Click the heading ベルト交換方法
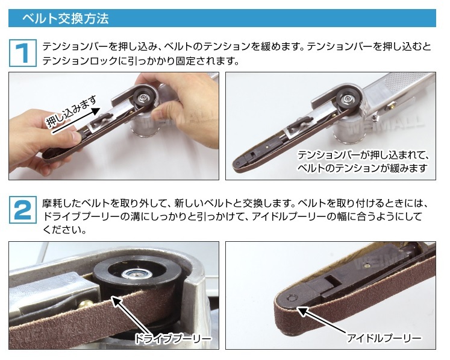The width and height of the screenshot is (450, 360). (66, 19)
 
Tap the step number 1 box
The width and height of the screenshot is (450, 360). (23, 53)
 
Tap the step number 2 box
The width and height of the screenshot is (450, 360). (23, 210)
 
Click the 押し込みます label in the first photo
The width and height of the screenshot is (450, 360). (72, 112)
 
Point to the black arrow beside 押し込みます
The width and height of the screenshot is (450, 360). (76, 121)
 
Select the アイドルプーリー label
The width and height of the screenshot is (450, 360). (384, 338)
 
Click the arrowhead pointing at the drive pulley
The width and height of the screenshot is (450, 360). (116, 302)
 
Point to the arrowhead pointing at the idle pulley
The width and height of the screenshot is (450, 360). (302, 311)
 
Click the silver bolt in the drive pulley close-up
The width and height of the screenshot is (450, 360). (136, 274)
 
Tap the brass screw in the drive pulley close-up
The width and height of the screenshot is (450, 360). (86, 304)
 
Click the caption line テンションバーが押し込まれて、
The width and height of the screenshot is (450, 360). (363, 155)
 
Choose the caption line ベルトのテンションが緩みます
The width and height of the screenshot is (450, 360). (362, 168)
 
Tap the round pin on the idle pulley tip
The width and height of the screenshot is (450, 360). (292, 298)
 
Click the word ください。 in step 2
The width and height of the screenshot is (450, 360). (64, 230)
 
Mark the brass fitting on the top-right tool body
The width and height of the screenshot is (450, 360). (390, 106)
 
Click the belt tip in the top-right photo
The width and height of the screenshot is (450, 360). (237, 165)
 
